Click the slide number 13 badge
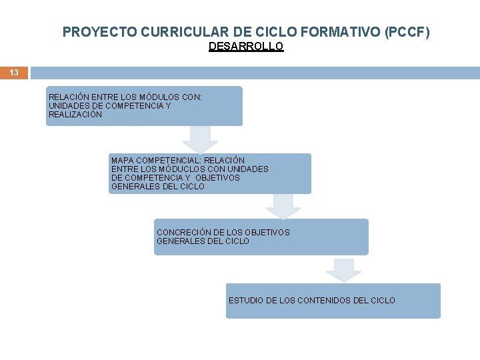(14, 73)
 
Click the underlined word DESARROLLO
(246, 47)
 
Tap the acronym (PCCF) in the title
(408, 31)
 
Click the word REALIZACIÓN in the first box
(75, 115)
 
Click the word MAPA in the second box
(123, 161)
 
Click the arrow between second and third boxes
(283, 205)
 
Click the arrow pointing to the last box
(343, 269)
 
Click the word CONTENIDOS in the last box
(323, 301)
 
